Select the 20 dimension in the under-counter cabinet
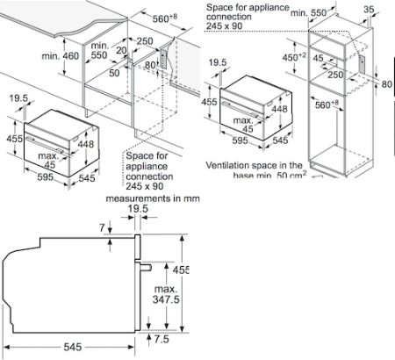tap(122, 51)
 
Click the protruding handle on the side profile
tap(149, 265)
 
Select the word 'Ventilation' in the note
tap(231, 165)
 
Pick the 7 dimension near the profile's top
tap(102, 228)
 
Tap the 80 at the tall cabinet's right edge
tap(386, 85)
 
